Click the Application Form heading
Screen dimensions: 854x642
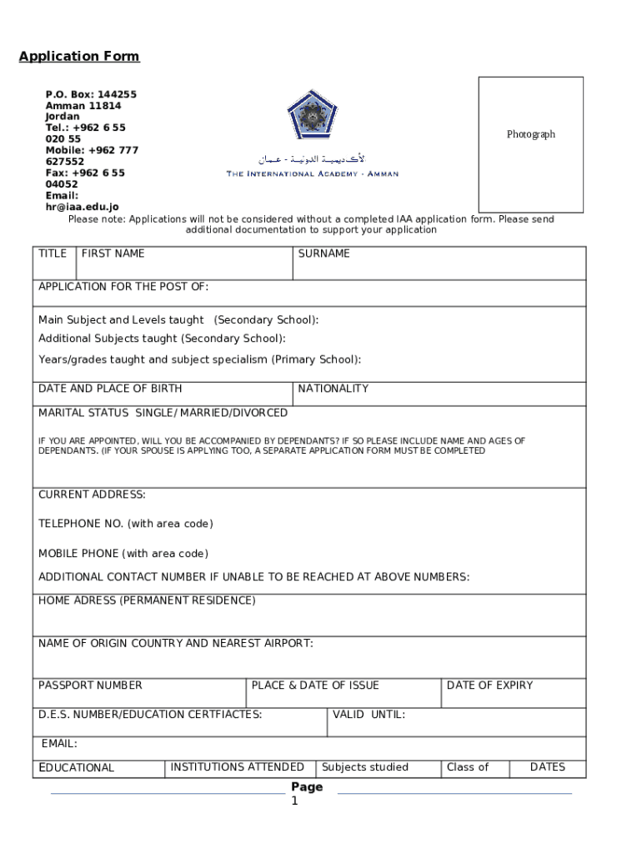coord(79,57)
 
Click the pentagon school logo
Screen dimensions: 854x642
coord(312,117)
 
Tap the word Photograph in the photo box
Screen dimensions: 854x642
coord(530,134)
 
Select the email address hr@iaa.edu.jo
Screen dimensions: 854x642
coord(82,207)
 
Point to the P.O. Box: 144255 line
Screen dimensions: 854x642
coord(91,94)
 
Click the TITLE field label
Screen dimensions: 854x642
coord(53,254)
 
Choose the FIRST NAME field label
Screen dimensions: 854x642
coord(113,254)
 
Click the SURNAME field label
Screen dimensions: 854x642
coord(324,254)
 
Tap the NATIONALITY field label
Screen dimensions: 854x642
coord(333,389)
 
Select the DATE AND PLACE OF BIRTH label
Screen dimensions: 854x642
coord(110,389)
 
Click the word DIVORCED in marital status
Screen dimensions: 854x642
coord(260,413)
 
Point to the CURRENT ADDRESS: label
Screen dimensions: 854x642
coord(92,495)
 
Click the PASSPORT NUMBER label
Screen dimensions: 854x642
coord(90,686)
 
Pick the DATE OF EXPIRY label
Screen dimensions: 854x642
coord(489,686)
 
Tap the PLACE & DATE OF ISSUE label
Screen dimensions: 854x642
coord(315,686)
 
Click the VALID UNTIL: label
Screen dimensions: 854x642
coord(369,715)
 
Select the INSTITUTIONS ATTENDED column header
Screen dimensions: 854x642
coord(237,767)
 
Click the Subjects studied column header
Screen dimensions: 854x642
coord(365,767)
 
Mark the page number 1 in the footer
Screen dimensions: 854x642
coord(294,801)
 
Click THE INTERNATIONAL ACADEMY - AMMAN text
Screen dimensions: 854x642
coord(313,174)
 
